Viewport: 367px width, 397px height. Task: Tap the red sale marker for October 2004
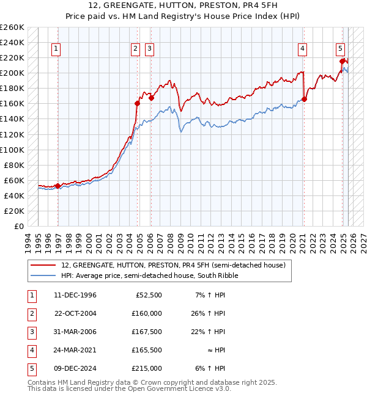(x=137, y=103)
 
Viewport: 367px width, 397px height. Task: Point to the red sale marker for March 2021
(x=304, y=100)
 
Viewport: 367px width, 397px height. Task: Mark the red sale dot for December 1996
(x=57, y=186)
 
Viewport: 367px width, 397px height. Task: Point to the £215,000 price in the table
(x=147, y=368)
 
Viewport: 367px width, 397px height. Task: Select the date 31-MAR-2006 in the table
(x=76, y=332)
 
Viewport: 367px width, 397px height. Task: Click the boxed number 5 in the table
(x=31, y=368)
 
